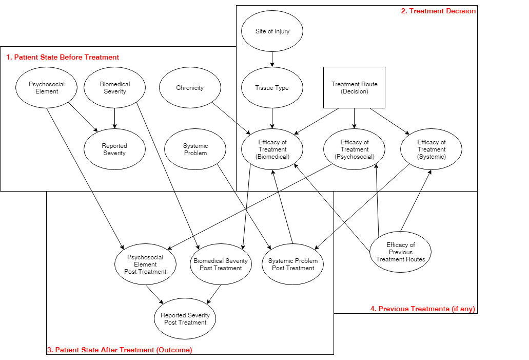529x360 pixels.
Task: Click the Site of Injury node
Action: tap(272, 31)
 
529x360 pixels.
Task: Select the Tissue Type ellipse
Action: tap(272, 88)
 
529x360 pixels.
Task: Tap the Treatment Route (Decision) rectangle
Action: tap(354, 88)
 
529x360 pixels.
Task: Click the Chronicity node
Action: tap(190, 88)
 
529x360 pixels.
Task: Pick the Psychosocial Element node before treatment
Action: tap(47, 88)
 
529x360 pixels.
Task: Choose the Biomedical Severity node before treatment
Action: tap(114, 88)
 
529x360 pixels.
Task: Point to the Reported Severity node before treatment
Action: tap(114, 149)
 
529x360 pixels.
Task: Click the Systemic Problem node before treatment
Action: tap(195, 149)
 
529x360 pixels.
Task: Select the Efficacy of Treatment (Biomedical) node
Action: tap(272, 149)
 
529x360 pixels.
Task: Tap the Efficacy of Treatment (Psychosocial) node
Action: tap(354, 149)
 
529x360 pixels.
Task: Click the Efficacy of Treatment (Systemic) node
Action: tap(431, 149)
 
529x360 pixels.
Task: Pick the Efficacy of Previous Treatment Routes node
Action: tap(401, 252)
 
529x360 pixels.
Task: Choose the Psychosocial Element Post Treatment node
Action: tap(145, 264)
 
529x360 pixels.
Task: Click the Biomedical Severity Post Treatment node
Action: tap(221, 264)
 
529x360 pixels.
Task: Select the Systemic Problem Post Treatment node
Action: tap(293, 264)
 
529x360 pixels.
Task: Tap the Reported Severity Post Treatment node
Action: tap(185, 319)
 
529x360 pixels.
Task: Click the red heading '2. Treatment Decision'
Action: tap(438, 11)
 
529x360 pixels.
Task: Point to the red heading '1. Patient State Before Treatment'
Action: tap(63, 57)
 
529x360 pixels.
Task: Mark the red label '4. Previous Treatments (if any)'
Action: tap(423, 309)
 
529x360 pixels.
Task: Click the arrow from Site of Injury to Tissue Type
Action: tap(272, 60)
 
